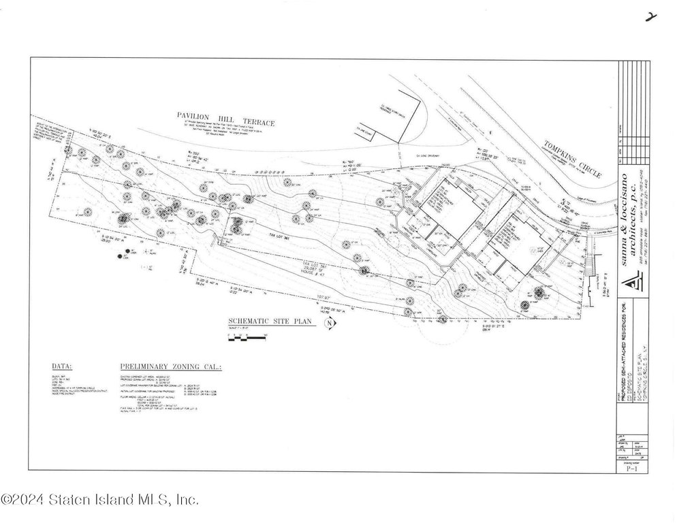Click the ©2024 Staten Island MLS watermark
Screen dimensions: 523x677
(100, 501)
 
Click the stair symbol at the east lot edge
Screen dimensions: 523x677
(588, 270)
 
